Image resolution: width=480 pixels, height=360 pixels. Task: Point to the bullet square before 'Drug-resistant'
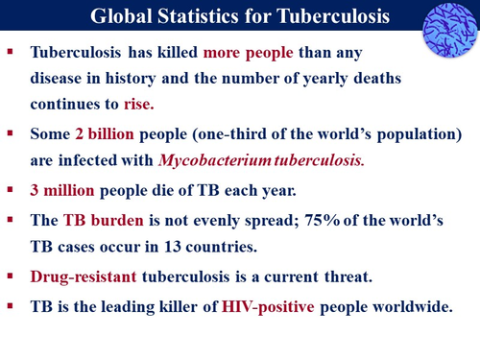[x=12, y=276]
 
